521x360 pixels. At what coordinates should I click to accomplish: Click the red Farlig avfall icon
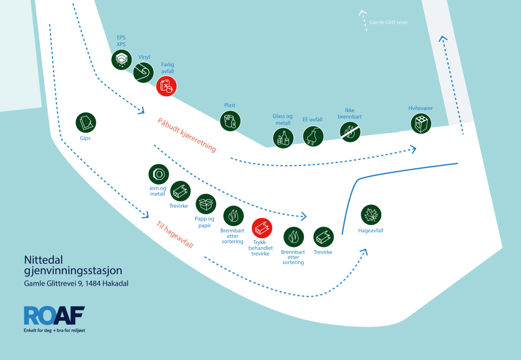coord(166,86)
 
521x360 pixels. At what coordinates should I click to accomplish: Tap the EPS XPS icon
coord(122,59)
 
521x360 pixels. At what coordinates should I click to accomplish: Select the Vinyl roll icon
coord(143,72)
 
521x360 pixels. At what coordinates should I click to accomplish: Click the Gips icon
coord(86,123)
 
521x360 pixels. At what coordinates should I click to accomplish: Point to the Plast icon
coord(230,121)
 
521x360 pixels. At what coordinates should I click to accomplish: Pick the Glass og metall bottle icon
coord(283,138)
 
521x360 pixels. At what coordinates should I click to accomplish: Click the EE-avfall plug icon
coord(313,136)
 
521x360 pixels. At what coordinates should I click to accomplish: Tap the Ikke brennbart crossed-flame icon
coord(350,132)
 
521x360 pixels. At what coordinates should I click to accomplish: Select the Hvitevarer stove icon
coord(421,124)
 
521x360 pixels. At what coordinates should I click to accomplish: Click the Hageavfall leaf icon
coord(371,215)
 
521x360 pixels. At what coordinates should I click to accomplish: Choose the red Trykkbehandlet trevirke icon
coord(262,228)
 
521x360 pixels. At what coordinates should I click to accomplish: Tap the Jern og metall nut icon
coord(159,174)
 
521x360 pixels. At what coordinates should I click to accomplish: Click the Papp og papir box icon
coord(206,204)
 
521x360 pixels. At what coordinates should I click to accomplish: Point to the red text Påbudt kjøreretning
coord(187,135)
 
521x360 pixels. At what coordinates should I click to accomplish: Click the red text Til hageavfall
coord(175,234)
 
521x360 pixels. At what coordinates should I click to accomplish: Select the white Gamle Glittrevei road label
coord(388,22)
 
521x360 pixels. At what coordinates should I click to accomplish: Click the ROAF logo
coord(54,316)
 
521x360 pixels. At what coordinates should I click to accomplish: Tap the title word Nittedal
coord(44,260)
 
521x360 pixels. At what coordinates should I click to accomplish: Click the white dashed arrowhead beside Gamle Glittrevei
coord(362,12)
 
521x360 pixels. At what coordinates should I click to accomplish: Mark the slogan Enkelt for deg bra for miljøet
coord(54,330)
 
